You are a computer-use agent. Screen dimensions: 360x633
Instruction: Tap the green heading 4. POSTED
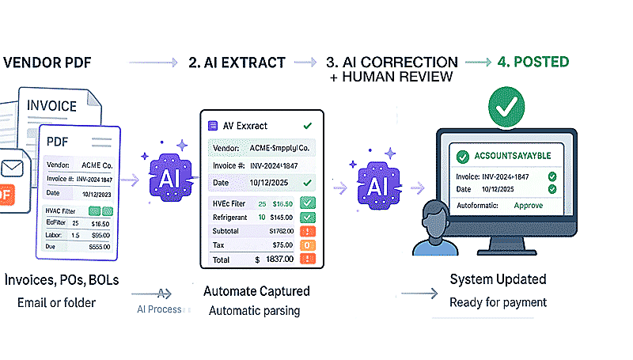point(533,62)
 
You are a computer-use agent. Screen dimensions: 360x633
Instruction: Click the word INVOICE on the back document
point(52,105)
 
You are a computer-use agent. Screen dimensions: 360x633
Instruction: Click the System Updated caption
point(498,279)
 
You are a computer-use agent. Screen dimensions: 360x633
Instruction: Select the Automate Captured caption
point(256,290)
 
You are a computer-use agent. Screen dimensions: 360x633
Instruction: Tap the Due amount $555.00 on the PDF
point(99,247)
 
